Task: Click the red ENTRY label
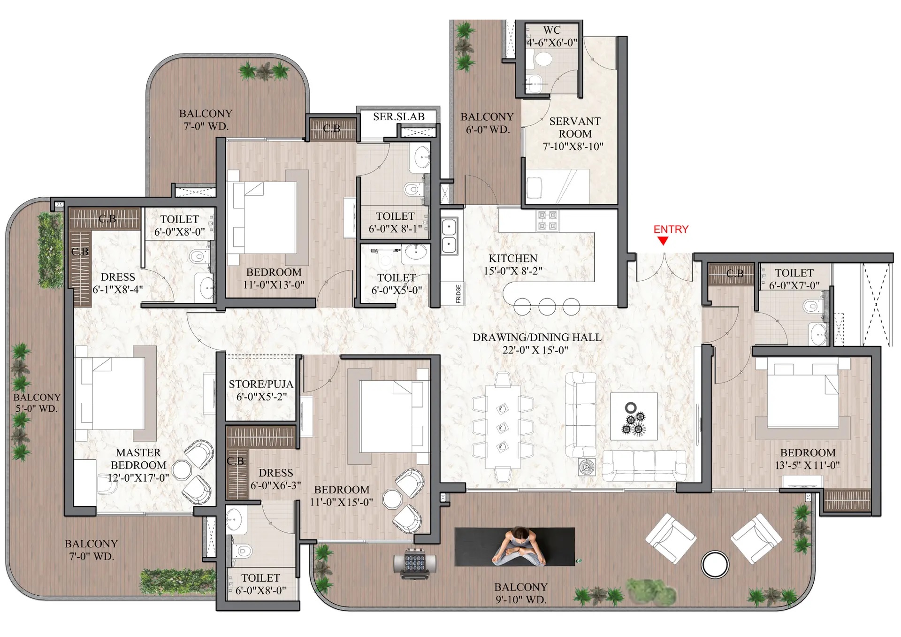tap(671, 229)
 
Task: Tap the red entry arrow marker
tap(663, 241)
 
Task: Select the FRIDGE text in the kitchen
tap(458, 293)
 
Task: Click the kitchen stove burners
tap(547, 221)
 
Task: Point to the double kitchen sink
tap(449, 236)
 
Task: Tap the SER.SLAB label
tap(399, 116)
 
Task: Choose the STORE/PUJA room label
tap(261, 384)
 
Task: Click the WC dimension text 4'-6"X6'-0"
tap(552, 42)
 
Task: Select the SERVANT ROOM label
tap(575, 127)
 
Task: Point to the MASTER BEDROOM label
tap(138, 459)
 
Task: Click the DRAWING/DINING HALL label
tap(537, 337)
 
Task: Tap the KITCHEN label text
tap(513, 258)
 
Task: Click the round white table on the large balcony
tap(715, 564)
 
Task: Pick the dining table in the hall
tap(503, 427)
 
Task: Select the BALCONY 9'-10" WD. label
tap(521, 593)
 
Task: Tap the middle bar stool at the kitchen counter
tap(547, 307)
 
